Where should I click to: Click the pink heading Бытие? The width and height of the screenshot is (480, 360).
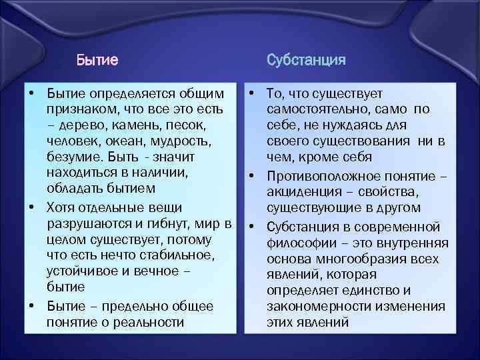coord(97,61)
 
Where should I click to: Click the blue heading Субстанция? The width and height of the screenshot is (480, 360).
coord(306,61)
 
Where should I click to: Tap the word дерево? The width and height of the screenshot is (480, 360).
coord(82,125)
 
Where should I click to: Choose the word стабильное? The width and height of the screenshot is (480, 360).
coord(173,254)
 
